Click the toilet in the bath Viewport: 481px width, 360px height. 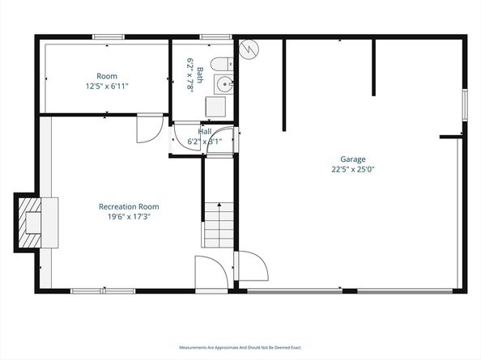219,64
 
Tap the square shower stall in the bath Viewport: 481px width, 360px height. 215,107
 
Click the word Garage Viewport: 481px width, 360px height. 353,159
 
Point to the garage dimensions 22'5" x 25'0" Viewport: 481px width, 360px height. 353,170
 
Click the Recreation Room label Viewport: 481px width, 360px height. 125,206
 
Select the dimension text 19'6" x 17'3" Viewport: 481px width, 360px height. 125,216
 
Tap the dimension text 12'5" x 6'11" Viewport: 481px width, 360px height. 108,86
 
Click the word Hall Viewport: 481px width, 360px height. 205,131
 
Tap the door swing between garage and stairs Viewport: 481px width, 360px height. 249,267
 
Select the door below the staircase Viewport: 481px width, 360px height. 207,271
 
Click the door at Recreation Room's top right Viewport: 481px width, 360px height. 149,129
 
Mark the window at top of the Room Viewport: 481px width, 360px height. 108,36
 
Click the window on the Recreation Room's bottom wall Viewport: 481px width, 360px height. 103,290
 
